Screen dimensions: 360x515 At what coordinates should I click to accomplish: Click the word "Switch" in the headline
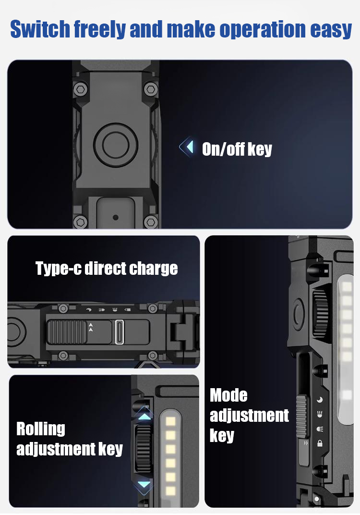point(40,30)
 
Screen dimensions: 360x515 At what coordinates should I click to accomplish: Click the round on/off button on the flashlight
point(116,145)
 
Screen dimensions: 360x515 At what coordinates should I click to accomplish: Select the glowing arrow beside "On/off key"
point(186,147)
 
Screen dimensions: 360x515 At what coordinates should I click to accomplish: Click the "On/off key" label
point(237,149)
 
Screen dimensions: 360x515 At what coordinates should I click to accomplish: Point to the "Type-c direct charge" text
point(107,269)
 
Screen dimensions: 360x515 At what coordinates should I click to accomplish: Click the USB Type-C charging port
point(120,332)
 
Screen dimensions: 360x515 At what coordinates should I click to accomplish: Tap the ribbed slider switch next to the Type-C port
point(67,332)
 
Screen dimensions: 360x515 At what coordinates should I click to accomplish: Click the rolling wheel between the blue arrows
point(143,450)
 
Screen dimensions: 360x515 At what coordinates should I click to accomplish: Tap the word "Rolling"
point(41,429)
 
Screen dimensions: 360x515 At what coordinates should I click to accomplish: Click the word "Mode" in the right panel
point(228,395)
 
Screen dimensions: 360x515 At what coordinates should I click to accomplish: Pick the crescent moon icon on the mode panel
point(320,400)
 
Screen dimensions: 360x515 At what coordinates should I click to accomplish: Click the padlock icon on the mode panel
point(320,443)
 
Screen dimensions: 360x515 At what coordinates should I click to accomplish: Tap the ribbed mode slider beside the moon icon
point(302,417)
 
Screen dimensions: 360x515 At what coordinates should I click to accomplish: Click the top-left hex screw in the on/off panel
point(80,89)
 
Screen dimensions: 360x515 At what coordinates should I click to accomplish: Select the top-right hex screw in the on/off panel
point(151,89)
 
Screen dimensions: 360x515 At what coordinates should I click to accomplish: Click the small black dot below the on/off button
point(116,217)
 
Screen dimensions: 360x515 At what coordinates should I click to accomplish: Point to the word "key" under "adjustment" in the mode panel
point(222,436)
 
